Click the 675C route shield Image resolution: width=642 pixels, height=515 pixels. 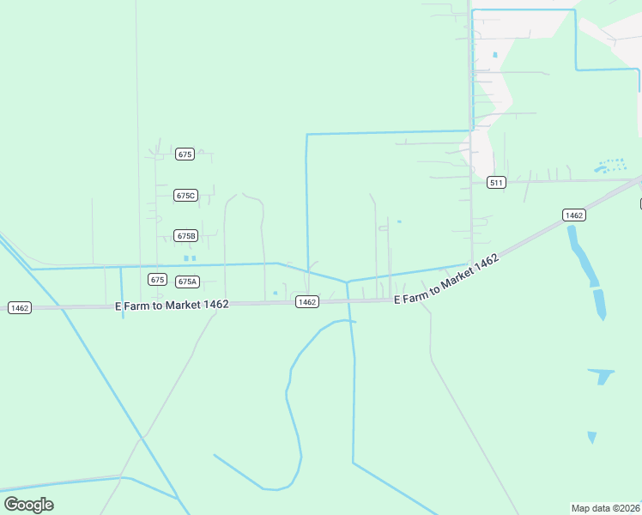coord(185,196)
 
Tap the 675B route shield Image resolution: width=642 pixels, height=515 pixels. coord(185,235)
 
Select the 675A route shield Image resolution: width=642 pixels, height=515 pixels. coord(187,282)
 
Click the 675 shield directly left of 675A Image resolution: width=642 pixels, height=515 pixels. coord(156,280)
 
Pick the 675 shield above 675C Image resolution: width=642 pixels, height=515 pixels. coord(185,154)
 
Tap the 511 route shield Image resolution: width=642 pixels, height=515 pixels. coord(496,182)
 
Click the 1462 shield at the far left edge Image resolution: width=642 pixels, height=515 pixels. coord(19,307)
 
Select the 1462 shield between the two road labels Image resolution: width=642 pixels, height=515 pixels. coord(307,302)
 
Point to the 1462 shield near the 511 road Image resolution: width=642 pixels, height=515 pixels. coord(574,215)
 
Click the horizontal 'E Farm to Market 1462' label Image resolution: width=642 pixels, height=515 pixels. coord(172,306)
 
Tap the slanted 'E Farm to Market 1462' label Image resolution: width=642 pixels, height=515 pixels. coord(446,280)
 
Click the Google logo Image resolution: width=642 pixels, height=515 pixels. coord(28,505)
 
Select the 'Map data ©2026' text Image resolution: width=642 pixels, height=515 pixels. coord(605,507)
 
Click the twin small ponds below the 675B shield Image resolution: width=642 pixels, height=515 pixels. coord(190,257)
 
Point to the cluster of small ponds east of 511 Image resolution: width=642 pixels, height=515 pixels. coord(610,165)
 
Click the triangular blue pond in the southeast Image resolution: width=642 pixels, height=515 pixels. coord(601,376)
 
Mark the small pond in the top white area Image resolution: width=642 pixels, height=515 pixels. coord(495,55)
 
